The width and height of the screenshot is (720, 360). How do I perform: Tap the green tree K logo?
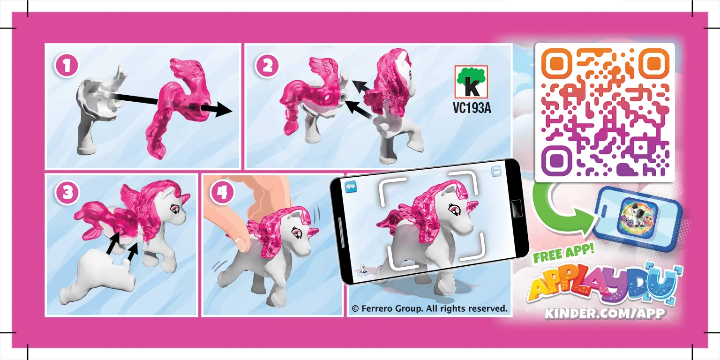point(472,82)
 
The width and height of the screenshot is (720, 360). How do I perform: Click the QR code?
point(605,112)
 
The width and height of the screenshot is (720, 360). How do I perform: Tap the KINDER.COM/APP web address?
point(604,313)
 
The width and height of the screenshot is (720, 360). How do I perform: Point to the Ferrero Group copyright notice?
point(429,308)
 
